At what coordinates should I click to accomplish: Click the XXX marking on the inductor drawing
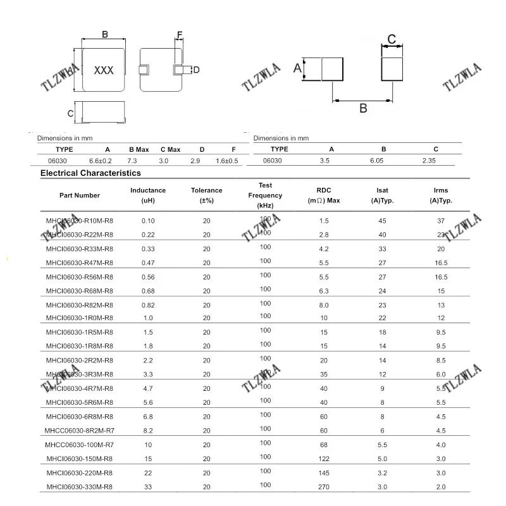tap(104, 70)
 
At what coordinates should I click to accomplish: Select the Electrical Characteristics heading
tap(90, 173)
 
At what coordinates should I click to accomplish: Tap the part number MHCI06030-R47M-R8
tap(80, 262)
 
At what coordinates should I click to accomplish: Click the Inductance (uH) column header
tap(148, 195)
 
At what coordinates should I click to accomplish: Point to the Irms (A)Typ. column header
tap(441, 195)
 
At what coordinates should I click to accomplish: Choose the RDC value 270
tap(324, 486)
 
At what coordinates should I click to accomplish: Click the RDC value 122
tap(324, 458)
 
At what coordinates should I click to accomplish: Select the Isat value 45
tap(382, 221)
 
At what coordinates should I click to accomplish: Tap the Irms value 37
tap(441, 221)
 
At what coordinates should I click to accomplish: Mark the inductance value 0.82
tap(148, 305)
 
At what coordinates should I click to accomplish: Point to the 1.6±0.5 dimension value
tap(227, 161)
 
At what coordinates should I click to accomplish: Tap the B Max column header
tap(139, 149)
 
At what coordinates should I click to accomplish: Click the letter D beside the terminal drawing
tap(196, 70)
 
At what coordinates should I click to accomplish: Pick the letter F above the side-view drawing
tap(180, 35)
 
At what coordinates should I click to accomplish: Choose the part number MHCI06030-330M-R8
tap(80, 486)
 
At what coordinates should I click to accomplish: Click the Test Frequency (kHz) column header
tap(265, 195)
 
